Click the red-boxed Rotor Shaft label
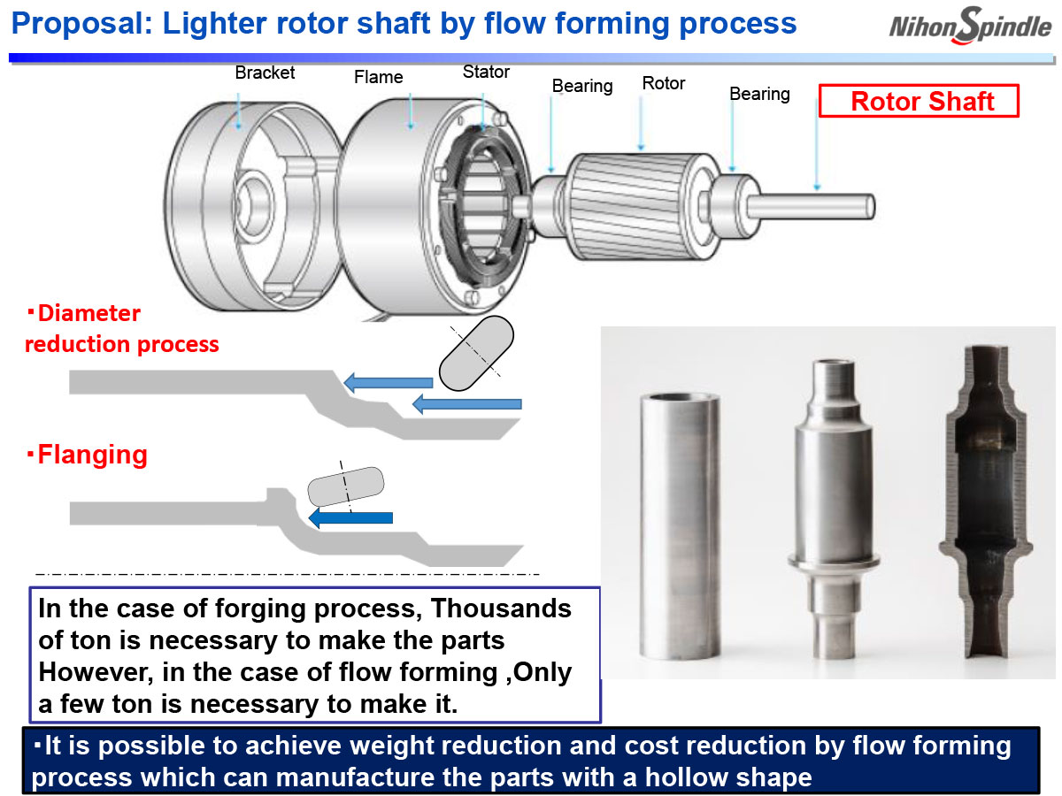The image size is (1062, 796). point(921,101)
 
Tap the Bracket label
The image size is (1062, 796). point(265,73)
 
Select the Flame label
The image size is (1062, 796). point(378,78)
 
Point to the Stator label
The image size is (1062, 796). point(486,72)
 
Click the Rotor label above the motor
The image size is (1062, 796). point(664,84)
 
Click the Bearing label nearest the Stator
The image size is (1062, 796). point(581,87)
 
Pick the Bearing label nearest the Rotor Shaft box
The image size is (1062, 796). point(759,94)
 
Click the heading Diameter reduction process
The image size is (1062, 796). point(121,329)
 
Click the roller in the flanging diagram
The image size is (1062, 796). point(345,487)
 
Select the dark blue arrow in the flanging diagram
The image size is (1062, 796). point(350,518)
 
